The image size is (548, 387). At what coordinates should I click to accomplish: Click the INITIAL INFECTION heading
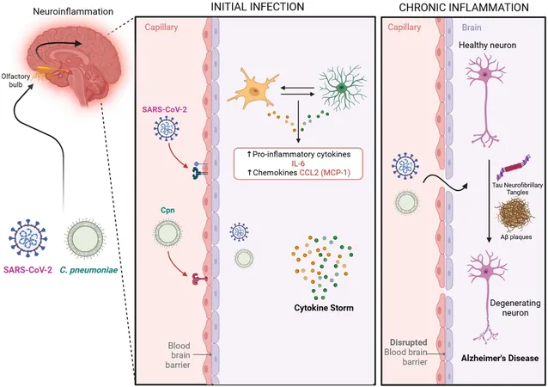[257, 6]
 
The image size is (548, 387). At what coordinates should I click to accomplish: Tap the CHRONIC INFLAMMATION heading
[464, 7]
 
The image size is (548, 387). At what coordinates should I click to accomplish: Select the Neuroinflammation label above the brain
[73, 11]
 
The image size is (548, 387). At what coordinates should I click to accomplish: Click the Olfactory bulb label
[15, 80]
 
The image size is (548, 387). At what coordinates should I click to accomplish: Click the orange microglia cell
[253, 89]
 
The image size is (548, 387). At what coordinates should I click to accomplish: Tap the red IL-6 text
[298, 163]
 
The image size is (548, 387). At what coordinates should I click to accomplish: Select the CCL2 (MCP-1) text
[325, 173]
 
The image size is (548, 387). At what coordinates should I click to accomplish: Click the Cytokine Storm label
[324, 308]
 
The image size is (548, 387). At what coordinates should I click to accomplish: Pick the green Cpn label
[167, 211]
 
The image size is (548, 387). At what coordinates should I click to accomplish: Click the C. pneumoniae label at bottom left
[88, 270]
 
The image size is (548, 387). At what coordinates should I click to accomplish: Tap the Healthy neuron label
[487, 45]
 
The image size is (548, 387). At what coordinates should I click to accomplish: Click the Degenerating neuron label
[515, 308]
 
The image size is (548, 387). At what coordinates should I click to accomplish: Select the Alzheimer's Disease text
[500, 358]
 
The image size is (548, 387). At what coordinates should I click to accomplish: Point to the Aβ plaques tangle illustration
[515, 214]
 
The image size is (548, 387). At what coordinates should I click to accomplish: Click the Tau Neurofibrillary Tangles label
[518, 188]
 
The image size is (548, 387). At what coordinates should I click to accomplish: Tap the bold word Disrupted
[409, 342]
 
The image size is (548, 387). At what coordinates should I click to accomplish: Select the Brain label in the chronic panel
[472, 28]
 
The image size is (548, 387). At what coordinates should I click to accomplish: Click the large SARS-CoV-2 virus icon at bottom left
[28, 239]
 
